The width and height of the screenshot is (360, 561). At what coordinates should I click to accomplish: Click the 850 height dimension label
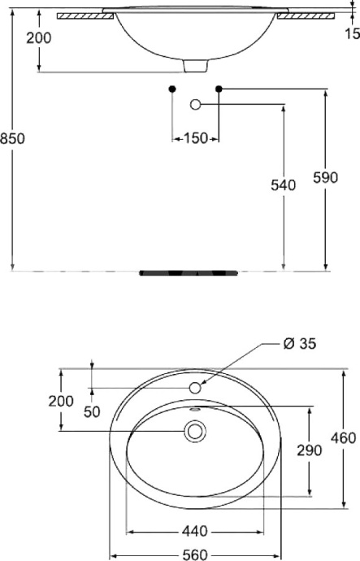[12, 138]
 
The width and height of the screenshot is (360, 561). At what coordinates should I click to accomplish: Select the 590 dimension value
[325, 177]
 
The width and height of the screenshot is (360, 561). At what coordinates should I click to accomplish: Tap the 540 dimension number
[283, 185]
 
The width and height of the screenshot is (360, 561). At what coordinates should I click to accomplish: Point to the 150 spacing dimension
[196, 138]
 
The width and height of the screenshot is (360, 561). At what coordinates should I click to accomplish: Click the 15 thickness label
[353, 33]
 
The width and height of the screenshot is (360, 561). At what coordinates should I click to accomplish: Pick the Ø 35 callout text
[300, 344]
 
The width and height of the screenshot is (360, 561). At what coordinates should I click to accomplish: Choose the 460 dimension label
[344, 437]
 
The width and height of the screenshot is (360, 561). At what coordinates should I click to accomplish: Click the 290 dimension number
[310, 450]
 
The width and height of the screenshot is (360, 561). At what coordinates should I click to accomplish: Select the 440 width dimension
[195, 531]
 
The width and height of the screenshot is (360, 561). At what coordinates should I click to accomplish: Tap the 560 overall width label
[195, 555]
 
